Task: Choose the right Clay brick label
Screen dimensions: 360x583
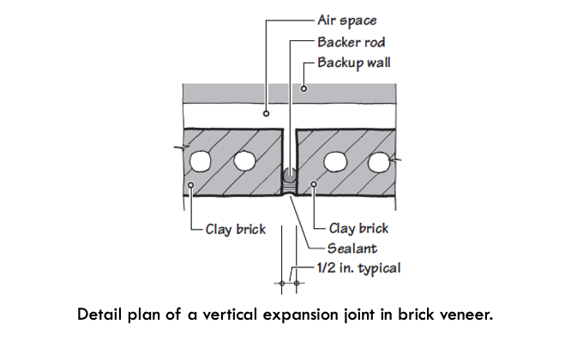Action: (x=358, y=229)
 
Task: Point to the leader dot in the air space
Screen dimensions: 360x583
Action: (x=267, y=112)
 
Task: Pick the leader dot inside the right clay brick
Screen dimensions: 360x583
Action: (x=316, y=183)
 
